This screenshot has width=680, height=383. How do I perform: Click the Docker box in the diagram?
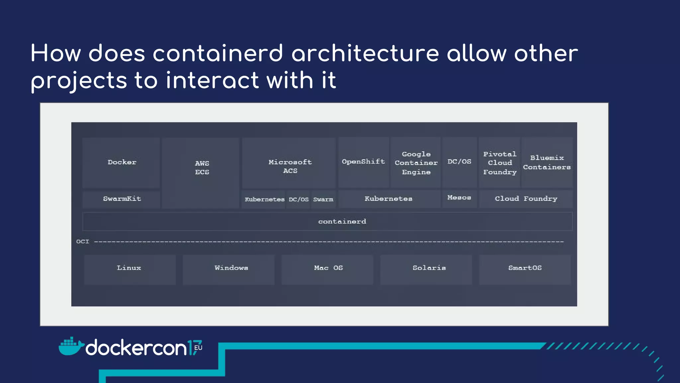point(122,163)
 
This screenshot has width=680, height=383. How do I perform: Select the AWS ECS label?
point(202,168)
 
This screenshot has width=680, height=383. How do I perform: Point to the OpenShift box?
point(364,162)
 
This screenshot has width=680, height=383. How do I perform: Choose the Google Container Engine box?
point(416,163)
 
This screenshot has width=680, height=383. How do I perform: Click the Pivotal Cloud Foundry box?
point(499,163)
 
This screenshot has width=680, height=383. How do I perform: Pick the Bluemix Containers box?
point(547,163)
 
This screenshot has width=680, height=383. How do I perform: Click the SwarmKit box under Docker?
point(122,199)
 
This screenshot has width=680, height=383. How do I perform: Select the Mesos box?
point(459,198)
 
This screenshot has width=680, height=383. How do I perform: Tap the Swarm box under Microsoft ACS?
point(323,199)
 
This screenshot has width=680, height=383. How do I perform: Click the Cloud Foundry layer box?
point(526,199)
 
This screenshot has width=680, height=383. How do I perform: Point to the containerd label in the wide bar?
point(342,222)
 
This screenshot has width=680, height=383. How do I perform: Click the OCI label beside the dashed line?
point(83,242)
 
